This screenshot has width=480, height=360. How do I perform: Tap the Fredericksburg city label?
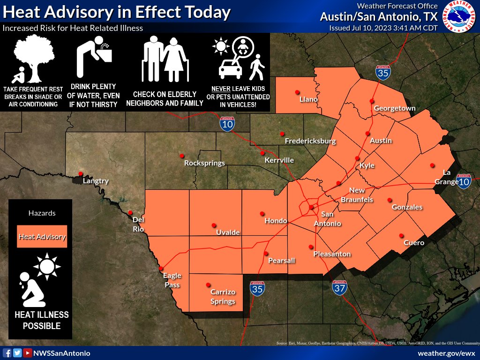pyautogui.click(x=310, y=141)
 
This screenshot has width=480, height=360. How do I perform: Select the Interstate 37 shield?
pyautogui.click(x=340, y=287)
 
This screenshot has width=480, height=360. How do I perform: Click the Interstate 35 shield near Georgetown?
pyautogui.click(x=383, y=73)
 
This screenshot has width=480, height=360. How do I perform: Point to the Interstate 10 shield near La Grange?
pyautogui.click(x=464, y=181)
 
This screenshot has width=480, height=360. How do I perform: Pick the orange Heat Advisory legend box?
pyautogui.click(x=42, y=237)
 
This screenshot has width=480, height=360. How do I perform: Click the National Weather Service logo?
pyautogui.click(x=459, y=17)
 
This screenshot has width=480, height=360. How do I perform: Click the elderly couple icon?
pyautogui.click(x=165, y=60)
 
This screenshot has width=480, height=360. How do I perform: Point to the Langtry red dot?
pyautogui.click(x=81, y=173)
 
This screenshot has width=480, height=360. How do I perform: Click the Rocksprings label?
pyautogui.click(x=204, y=163)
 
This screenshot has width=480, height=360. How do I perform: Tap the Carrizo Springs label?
pyautogui.click(x=223, y=297)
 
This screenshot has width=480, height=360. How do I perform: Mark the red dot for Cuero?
pyautogui.click(x=401, y=235)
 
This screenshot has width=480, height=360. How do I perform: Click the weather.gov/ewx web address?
pyautogui.click(x=446, y=353)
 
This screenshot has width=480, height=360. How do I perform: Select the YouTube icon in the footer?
pyautogui.click(x=28, y=353)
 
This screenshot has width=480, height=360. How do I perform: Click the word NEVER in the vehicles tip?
pyautogui.click(x=222, y=89)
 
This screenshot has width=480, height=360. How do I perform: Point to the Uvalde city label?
pyautogui.click(x=228, y=232)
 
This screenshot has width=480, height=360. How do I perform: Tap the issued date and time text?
pyautogui.click(x=383, y=28)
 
